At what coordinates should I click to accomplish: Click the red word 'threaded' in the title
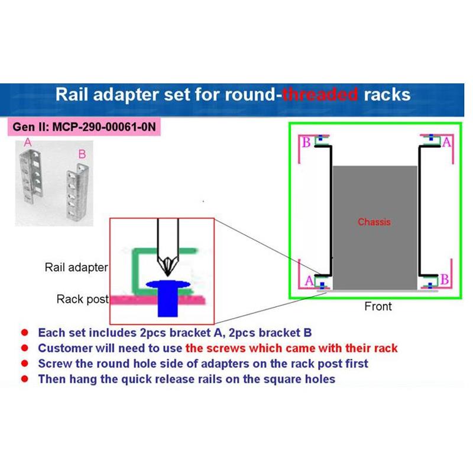(x=320, y=95)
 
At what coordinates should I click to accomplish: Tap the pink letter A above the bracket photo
(x=27, y=142)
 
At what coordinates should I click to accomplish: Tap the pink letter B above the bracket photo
(x=82, y=154)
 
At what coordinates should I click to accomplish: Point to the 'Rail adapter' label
(x=76, y=267)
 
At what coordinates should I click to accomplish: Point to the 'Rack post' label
(x=83, y=299)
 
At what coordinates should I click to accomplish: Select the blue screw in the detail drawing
(x=169, y=296)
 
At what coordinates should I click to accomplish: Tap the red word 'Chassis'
(x=374, y=222)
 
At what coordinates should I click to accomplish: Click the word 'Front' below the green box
(x=378, y=306)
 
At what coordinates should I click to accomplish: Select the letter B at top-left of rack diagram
(x=306, y=142)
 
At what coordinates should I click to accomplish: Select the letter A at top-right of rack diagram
(x=446, y=142)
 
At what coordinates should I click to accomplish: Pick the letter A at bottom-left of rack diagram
(x=309, y=280)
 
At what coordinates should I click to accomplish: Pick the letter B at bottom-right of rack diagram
(x=445, y=278)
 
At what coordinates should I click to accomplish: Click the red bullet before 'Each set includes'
(x=25, y=333)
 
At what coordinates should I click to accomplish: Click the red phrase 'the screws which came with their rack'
(x=291, y=348)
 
